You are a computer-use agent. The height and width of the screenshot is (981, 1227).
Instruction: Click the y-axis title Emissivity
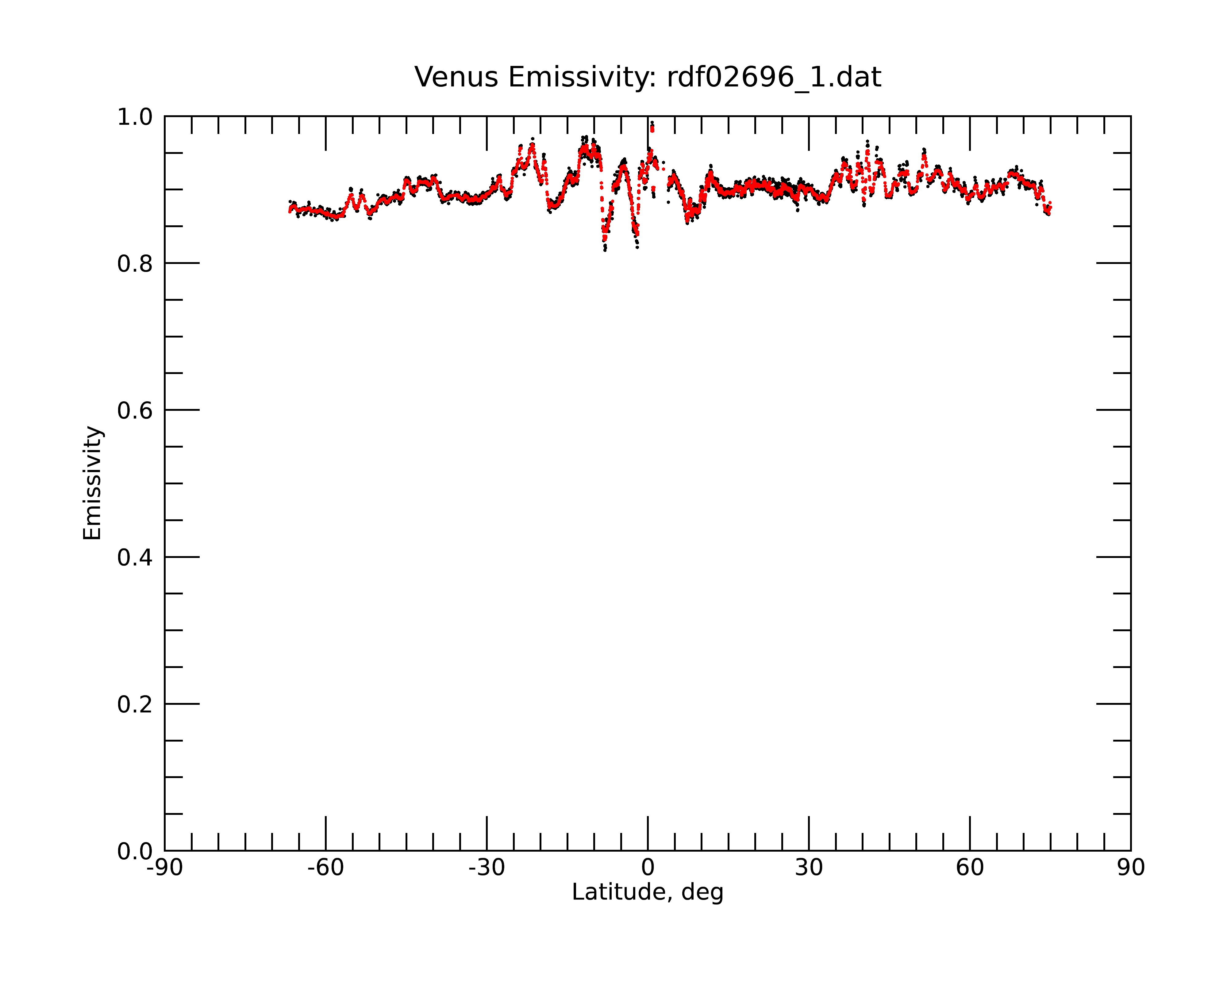click(92, 483)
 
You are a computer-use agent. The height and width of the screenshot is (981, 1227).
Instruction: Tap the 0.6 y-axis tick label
click(135, 410)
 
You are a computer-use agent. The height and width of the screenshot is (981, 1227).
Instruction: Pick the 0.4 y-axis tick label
click(135, 557)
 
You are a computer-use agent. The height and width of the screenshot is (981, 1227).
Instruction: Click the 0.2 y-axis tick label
click(135, 704)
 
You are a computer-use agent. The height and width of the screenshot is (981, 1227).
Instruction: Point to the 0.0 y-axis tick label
click(135, 851)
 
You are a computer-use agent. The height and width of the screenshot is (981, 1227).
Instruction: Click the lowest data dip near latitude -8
click(605, 250)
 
